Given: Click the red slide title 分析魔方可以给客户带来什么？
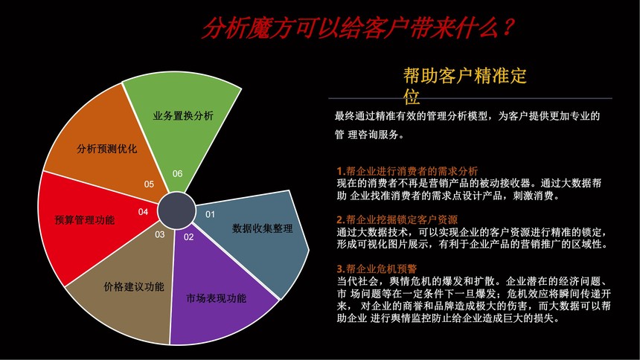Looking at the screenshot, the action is tap(358, 28).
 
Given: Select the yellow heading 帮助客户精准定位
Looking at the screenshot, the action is tap(464, 86).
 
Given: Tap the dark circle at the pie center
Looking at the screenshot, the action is tap(176, 210).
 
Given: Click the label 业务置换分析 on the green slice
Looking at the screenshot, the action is tap(183, 116).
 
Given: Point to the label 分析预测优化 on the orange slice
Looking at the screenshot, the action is tap(107, 149).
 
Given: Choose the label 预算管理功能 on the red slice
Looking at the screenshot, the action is tap(85, 220).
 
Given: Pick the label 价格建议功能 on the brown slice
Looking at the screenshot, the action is tap(134, 287).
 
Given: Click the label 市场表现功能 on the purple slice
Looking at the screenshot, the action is tap(217, 298).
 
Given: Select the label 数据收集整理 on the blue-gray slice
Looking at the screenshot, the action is tap(263, 228).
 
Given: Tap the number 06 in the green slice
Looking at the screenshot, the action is tap(177, 173).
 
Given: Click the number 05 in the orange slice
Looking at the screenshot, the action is tap(149, 184).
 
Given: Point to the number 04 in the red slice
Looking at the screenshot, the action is tap(143, 212).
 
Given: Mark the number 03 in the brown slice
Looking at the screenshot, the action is tap(159, 235).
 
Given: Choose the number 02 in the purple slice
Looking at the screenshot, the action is tap(188, 237).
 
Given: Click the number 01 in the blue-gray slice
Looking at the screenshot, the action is tap(210, 214).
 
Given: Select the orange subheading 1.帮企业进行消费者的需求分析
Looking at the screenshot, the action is tap(407, 171).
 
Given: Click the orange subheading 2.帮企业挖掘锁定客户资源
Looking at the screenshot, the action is tap(397, 220).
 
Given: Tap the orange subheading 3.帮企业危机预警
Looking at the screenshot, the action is tap(377, 269).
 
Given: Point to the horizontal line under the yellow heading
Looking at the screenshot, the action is tap(470, 98).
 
